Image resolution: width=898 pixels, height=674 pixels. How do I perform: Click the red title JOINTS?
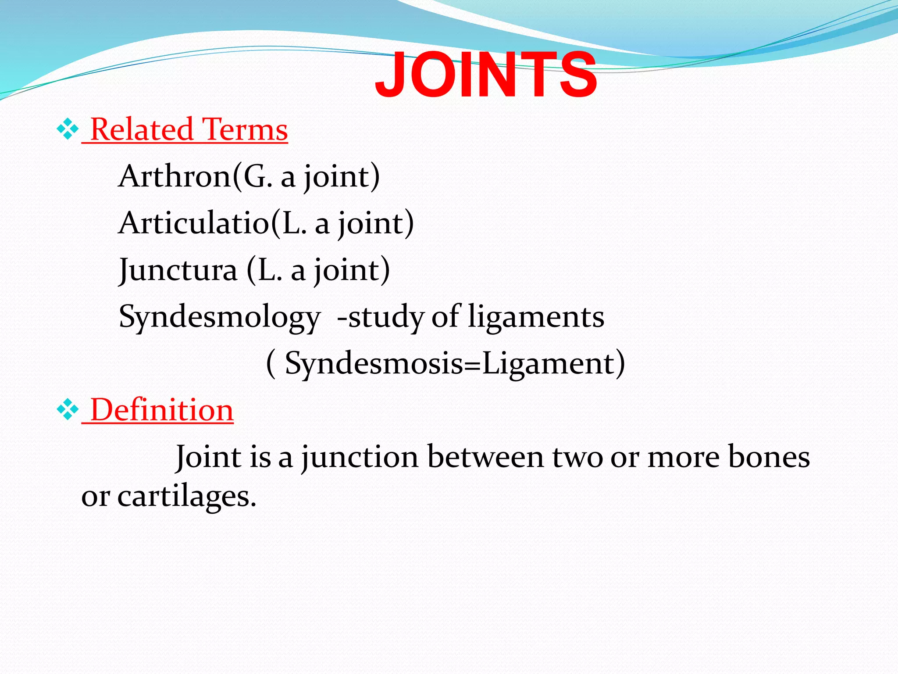(x=485, y=75)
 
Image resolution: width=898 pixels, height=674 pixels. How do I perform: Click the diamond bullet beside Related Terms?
(x=68, y=129)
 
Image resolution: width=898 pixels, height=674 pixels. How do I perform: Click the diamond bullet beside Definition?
(x=68, y=410)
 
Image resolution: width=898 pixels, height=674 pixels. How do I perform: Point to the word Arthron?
(x=175, y=176)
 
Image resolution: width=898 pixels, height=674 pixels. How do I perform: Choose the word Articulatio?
(x=193, y=223)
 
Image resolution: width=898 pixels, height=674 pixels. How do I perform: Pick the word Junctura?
(x=178, y=270)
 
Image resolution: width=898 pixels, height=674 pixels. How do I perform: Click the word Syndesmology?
(x=219, y=317)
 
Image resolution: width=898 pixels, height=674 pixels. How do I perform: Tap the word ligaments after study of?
(x=536, y=317)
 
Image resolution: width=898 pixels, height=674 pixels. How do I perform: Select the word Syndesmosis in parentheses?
(x=374, y=363)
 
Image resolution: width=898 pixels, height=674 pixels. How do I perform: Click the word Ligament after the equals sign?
(x=548, y=363)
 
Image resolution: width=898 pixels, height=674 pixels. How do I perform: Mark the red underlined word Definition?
(x=162, y=410)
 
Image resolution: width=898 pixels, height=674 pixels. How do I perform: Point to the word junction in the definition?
(x=360, y=457)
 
